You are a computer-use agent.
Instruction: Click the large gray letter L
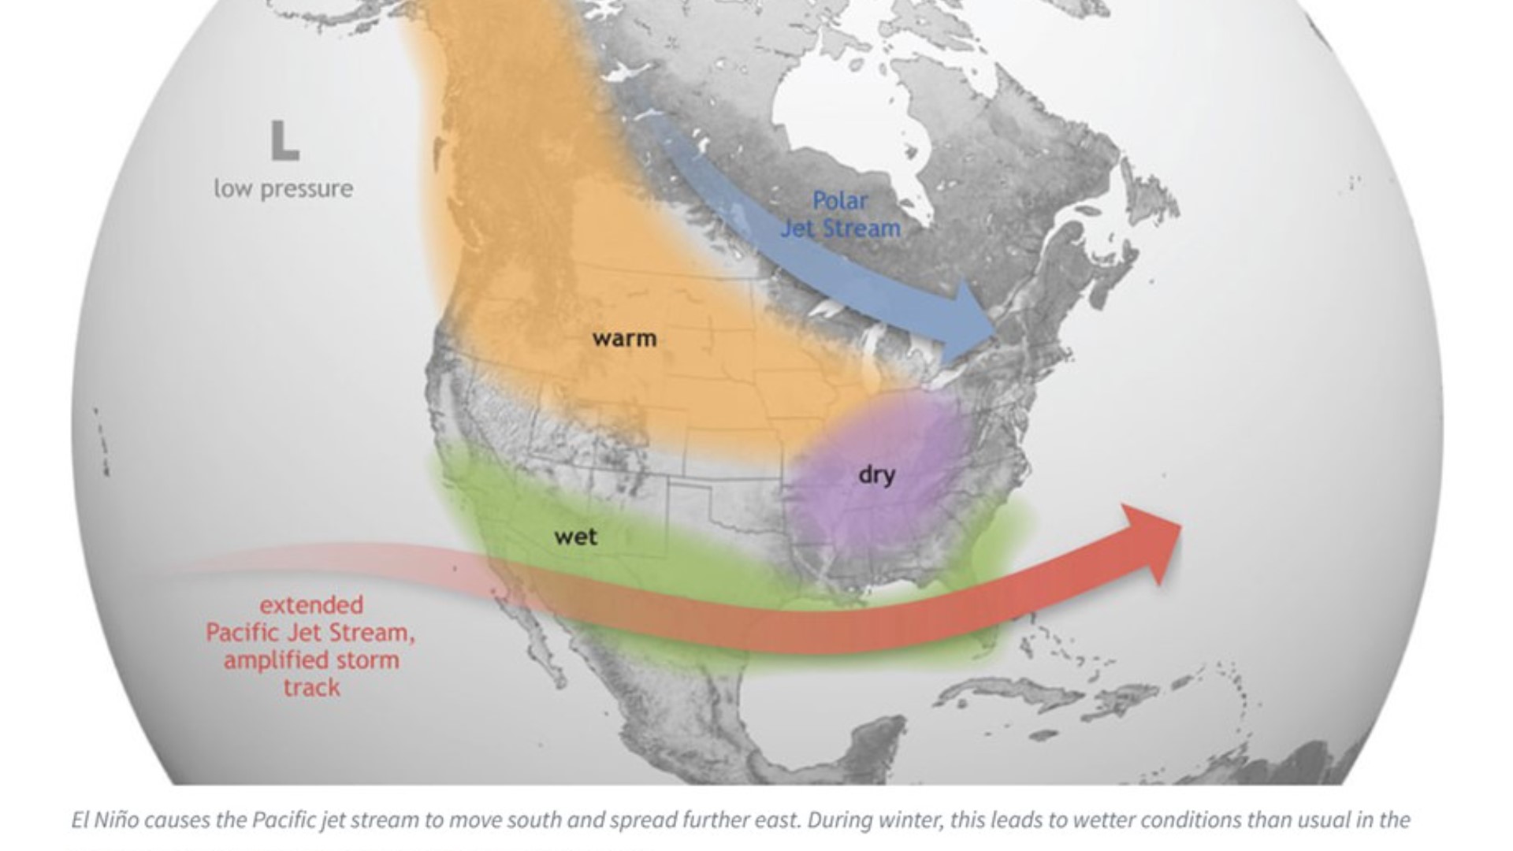coord(284,142)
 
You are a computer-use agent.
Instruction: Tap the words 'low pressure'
coord(284,189)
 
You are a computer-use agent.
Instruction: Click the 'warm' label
coord(624,339)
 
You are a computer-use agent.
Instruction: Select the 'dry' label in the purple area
coord(876,475)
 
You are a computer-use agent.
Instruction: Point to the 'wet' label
coord(575,537)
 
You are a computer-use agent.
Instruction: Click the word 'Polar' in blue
coord(840,201)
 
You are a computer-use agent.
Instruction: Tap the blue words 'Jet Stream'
coord(840,229)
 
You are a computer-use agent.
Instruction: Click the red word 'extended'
coord(311,605)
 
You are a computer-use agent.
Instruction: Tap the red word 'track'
coord(311,688)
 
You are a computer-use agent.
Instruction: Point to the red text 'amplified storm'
coord(311,660)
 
